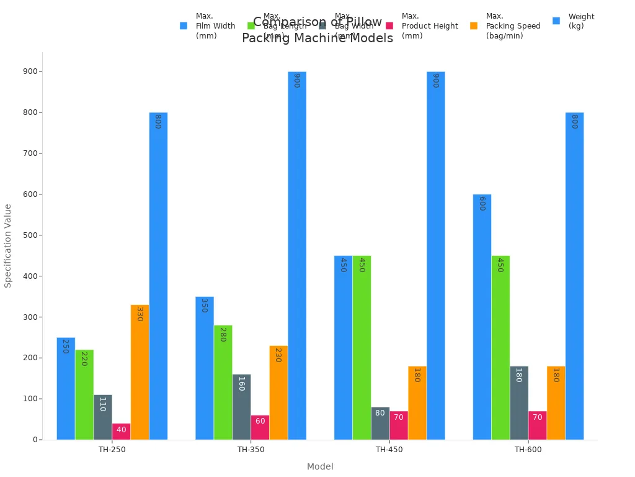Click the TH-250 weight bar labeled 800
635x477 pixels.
(158, 276)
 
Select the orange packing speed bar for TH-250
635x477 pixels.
(140, 372)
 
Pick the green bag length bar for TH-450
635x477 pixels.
(362, 347)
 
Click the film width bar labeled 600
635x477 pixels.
(482, 317)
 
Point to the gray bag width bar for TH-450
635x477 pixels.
(380, 423)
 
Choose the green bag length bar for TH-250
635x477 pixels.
(84, 394)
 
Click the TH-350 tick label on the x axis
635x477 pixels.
(251, 450)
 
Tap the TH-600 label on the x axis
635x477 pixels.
(528, 450)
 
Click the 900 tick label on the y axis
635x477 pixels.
(29, 71)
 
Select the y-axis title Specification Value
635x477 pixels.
(8, 245)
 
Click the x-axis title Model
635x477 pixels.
(320, 466)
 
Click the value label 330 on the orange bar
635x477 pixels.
(140, 314)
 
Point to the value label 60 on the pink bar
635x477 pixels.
(260, 421)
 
